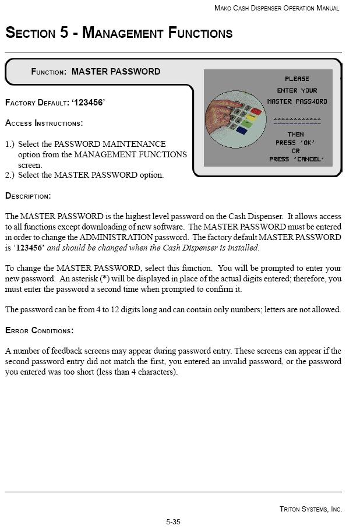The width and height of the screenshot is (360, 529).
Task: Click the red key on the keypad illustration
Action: pos(256,110)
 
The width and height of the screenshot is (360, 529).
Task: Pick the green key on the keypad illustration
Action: pos(252,117)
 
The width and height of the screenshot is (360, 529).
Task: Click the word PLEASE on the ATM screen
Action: pos(297,79)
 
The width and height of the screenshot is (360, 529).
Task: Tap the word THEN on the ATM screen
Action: pos(295,135)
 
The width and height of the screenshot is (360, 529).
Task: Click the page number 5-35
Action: pos(173,522)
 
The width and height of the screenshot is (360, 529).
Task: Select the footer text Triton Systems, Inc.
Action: pos(310,509)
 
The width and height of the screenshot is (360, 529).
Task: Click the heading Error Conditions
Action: pos(39,331)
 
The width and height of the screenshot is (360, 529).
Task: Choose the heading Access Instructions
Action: pos(44,124)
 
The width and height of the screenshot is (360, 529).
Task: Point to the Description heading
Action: pos(28,196)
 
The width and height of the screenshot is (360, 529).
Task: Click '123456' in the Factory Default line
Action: pos(87,103)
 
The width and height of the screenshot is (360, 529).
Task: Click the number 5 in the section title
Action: pos(64,33)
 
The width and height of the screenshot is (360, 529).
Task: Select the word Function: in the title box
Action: pos(48,72)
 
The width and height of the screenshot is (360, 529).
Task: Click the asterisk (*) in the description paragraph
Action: pos(105,279)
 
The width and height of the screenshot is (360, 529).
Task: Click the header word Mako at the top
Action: pos(223,8)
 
